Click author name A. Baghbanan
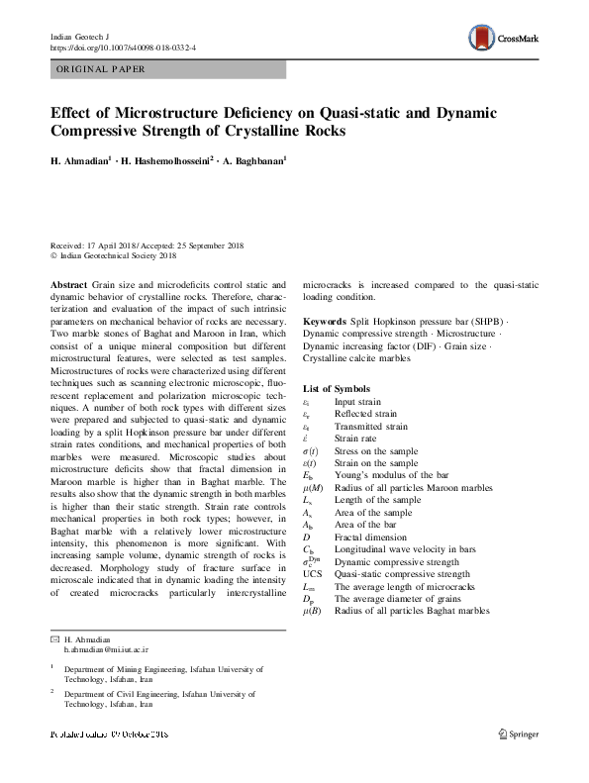[x=253, y=159]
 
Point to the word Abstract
[x=68, y=283]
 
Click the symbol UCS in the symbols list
[x=313, y=573]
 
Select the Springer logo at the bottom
[x=518, y=733]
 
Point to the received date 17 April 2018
[x=102, y=244]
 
